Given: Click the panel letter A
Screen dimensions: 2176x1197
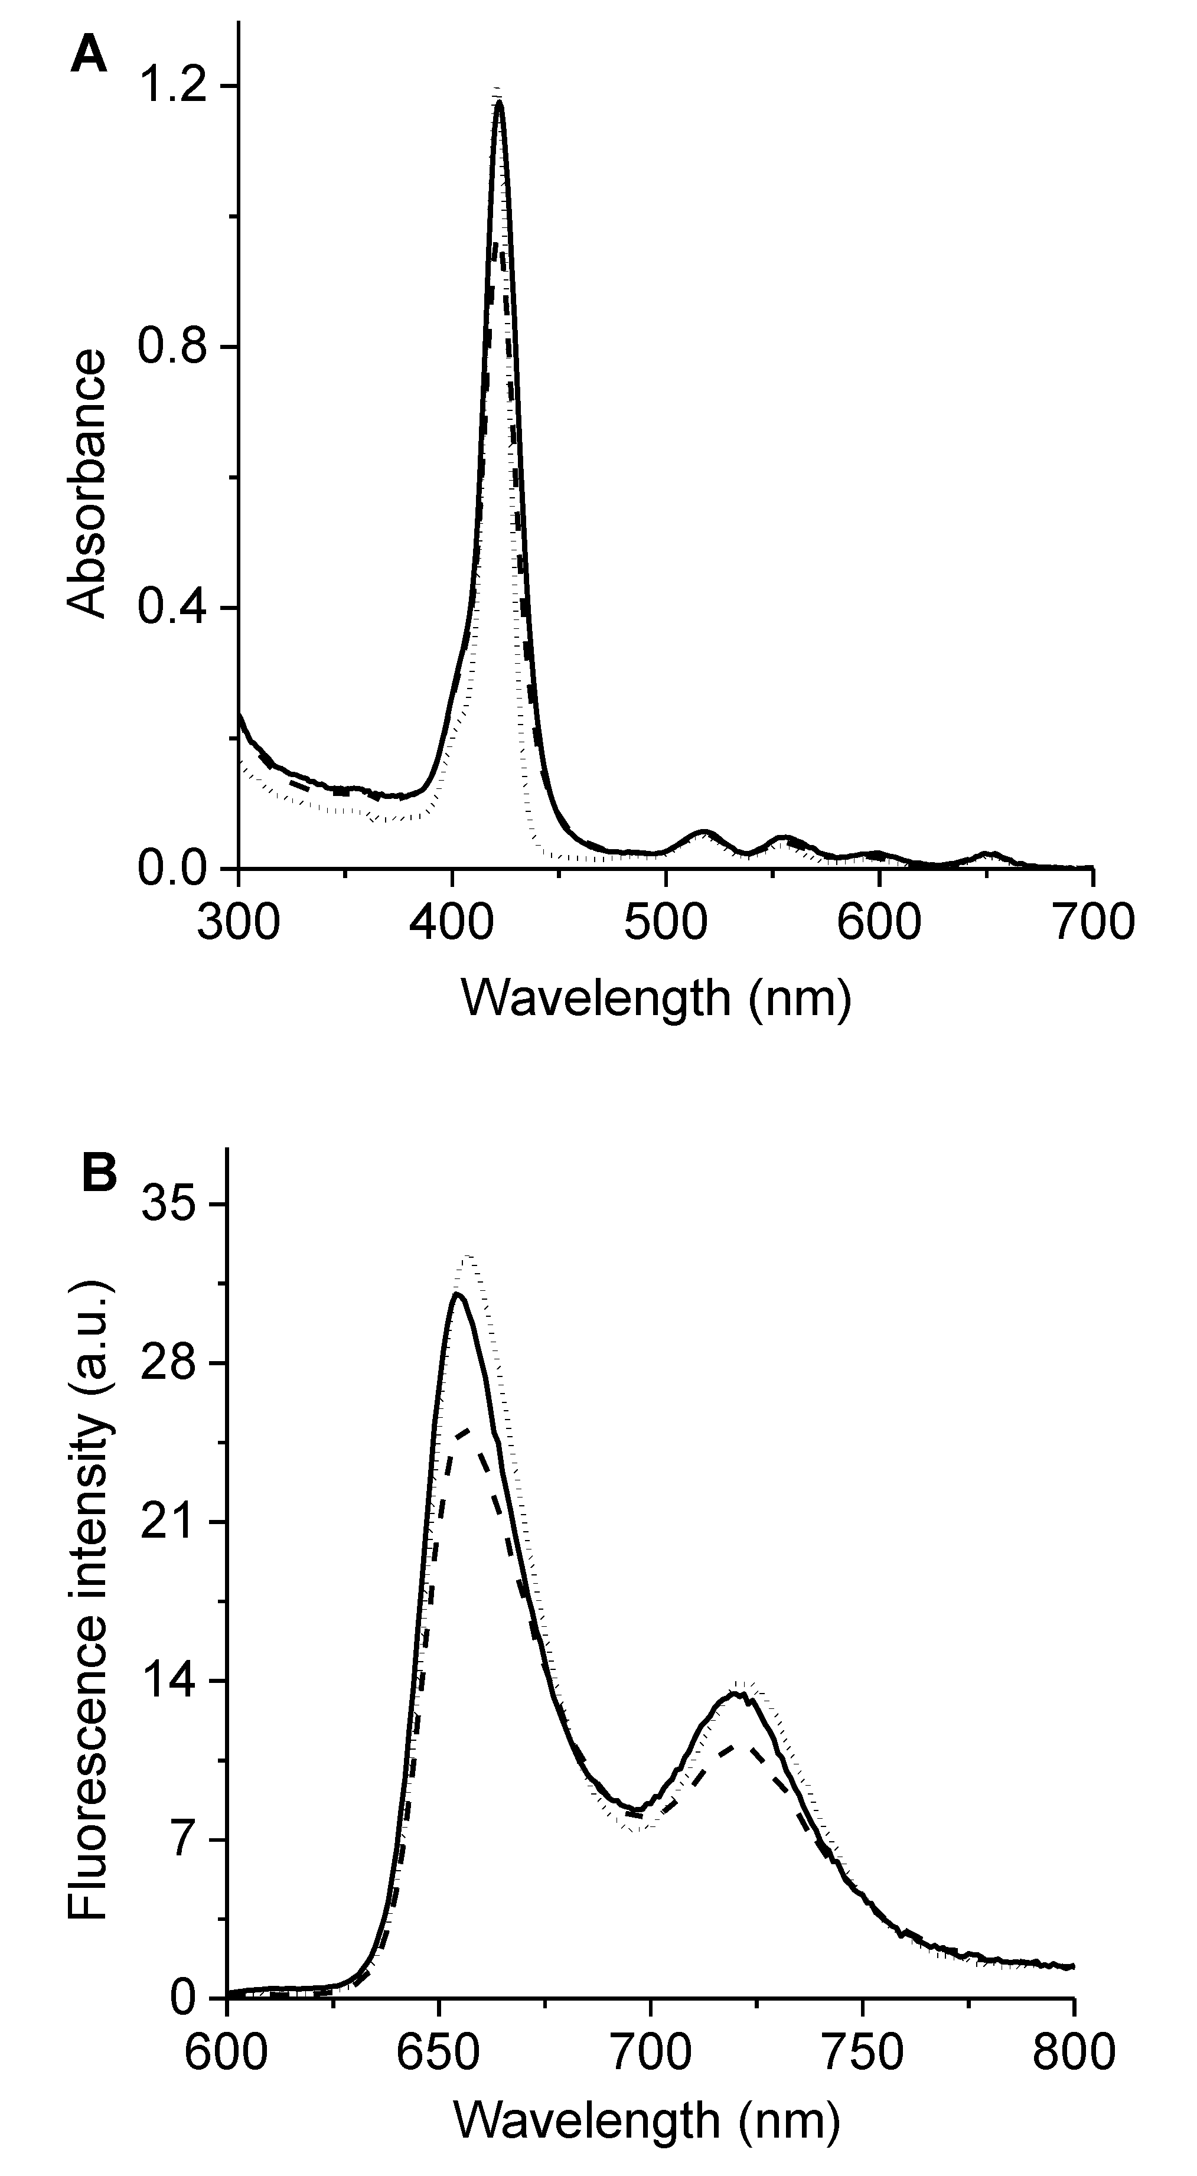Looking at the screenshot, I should [x=89, y=57].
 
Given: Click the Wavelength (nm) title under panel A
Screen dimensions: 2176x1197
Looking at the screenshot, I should [x=655, y=999].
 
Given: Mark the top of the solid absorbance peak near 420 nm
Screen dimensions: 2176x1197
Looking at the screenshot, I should [x=499, y=102].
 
